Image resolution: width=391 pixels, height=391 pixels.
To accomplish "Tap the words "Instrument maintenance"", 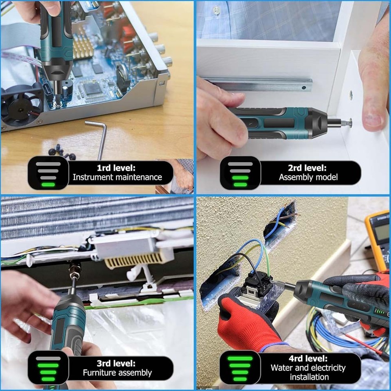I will pos(117,177).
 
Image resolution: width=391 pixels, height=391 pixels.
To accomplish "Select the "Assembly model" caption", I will pos(308,177).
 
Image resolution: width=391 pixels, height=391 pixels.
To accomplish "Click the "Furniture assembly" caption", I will pos(117,372).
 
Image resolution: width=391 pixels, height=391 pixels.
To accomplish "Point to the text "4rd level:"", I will pos(308,358).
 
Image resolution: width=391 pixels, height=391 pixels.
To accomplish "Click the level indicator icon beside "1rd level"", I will pos(48,173).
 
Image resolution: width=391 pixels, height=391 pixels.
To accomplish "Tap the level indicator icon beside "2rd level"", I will pos(240,173).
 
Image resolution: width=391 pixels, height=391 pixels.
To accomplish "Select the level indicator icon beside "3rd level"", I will pos(48,368).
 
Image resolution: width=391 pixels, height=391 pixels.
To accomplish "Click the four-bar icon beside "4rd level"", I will pos(240,368).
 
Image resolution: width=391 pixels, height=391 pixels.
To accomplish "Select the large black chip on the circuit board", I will pos(91,88).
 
